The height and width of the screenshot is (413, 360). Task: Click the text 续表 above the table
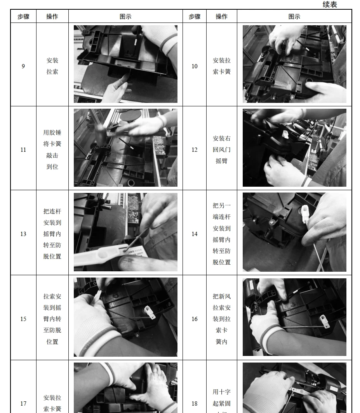tap(330, 5)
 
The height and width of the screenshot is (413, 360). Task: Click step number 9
tap(23, 66)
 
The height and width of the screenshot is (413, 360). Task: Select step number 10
tap(195, 66)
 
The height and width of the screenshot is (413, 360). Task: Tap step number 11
tap(23, 150)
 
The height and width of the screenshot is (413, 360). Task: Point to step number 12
tap(195, 150)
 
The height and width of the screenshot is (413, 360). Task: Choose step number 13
tap(23, 234)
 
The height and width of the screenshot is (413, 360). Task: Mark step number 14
tap(195, 234)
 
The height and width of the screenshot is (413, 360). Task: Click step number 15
tap(23, 319)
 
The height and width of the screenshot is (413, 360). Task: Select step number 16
tap(195, 319)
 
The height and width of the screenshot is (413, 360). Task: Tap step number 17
tap(23, 404)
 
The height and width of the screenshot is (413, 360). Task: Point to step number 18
tap(195, 404)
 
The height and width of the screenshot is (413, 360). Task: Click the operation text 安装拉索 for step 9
tap(52, 66)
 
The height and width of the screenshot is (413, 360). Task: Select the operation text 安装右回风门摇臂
tap(222, 149)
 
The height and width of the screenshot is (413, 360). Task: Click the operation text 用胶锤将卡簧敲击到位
tap(52, 149)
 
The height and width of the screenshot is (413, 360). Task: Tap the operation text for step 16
tap(222, 319)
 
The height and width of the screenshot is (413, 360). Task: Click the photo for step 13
tap(125, 232)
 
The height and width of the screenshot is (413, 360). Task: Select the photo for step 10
tap(294, 64)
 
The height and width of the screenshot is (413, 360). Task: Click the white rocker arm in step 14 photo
tap(305, 214)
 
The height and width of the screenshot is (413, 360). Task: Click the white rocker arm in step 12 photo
tap(285, 134)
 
